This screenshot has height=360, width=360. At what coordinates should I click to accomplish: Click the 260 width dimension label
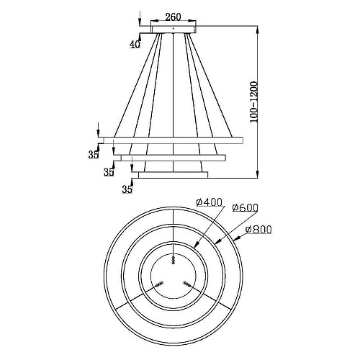coord(173,17)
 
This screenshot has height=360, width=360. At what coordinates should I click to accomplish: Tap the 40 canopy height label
coord(135,44)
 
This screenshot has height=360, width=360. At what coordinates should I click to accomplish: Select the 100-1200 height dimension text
coord(253,102)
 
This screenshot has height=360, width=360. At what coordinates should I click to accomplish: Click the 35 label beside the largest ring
coord(94,155)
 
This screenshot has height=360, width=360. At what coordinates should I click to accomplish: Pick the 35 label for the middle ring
coord(109,172)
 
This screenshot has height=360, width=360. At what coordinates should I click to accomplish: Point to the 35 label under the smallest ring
coord(127,189)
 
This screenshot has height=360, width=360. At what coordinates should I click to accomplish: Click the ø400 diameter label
coord(210,202)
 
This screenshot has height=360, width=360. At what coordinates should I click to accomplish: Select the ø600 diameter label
coord(245,208)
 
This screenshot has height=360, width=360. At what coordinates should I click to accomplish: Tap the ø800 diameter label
coord(258,230)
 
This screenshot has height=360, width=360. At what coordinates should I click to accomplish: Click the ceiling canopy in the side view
coord(174,30)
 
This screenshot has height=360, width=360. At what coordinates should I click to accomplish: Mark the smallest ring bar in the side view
coord(173,175)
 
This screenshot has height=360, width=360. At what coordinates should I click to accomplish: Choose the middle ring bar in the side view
coord(173,158)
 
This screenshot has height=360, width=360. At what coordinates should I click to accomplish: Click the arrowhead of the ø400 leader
coord(197,245)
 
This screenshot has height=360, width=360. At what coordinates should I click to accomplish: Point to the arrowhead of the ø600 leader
coord(218,241)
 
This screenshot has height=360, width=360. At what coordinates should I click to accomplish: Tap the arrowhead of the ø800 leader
coord(237,238)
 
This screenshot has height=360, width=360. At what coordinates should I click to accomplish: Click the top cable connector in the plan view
coord(174,260)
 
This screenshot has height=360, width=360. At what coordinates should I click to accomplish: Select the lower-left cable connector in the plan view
coord(159,284)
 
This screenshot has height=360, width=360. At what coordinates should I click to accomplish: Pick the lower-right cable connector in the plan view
coord(186,284)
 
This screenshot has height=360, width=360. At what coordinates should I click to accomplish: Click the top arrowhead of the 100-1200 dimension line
coord(257,30)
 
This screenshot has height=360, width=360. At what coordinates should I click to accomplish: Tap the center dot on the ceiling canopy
coord(174,28)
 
